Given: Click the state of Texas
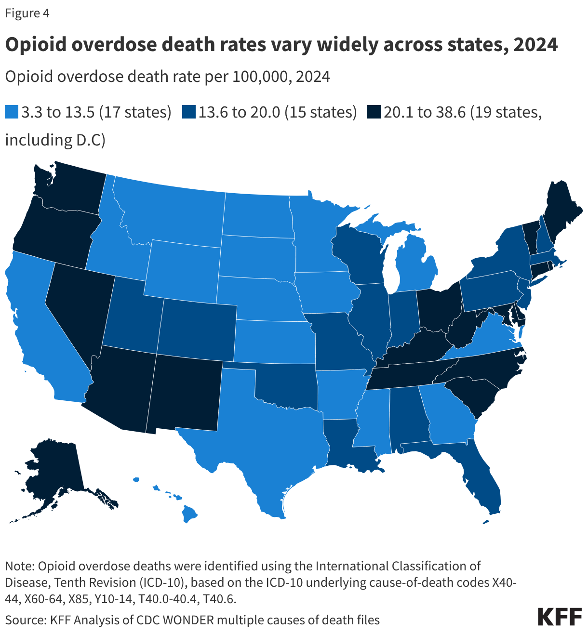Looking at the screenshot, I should pyautogui.click(x=260, y=434).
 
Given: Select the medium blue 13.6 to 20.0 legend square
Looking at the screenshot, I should pyautogui.click(x=188, y=113).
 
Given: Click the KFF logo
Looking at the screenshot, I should pyautogui.click(x=559, y=616).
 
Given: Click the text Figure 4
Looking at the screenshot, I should pyautogui.click(x=27, y=13).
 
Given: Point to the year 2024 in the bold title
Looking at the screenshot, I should pyautogui.click(x=535, y=45).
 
